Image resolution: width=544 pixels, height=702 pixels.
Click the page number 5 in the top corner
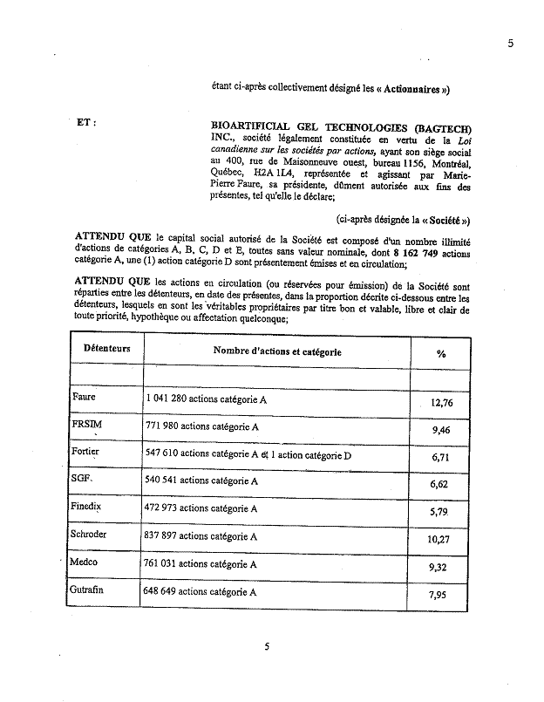coord(511,44)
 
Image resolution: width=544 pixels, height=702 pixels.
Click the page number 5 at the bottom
coord(267,646)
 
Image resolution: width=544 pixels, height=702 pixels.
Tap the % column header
coord(441,353)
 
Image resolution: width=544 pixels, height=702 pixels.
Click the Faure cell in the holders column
coord(84,397)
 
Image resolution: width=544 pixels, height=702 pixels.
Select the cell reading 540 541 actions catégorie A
coord(201,480)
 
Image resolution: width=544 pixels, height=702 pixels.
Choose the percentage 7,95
coord(444,596)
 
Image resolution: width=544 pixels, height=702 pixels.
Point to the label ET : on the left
coord(86,122)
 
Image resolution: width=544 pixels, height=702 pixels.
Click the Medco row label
coord(85,562)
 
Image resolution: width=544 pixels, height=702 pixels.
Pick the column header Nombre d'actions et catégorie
coord(277,351)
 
